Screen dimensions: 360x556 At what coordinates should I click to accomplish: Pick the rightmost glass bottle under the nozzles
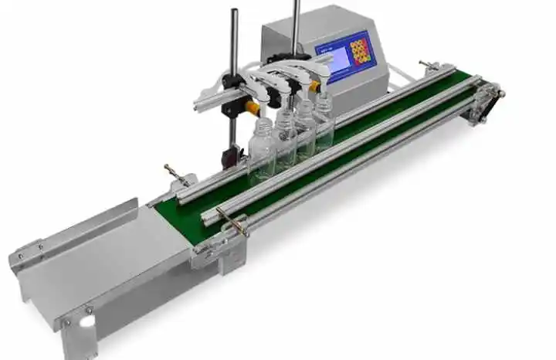coord(324,120)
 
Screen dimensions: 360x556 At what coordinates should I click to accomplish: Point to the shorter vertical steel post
coord(233,46)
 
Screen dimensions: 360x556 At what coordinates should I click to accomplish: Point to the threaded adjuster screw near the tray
coord(175,174)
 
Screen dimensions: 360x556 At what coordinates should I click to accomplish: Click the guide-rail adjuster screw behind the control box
coord(427,65)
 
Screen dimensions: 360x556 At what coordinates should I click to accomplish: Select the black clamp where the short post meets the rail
coord(229,84)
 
